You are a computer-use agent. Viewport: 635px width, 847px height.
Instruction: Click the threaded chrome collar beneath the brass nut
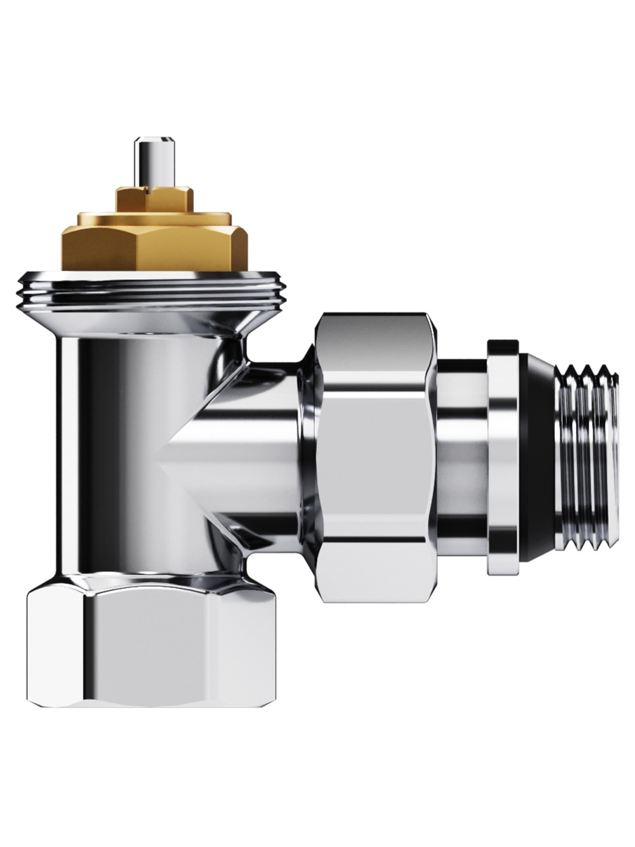[x=152, y=290]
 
